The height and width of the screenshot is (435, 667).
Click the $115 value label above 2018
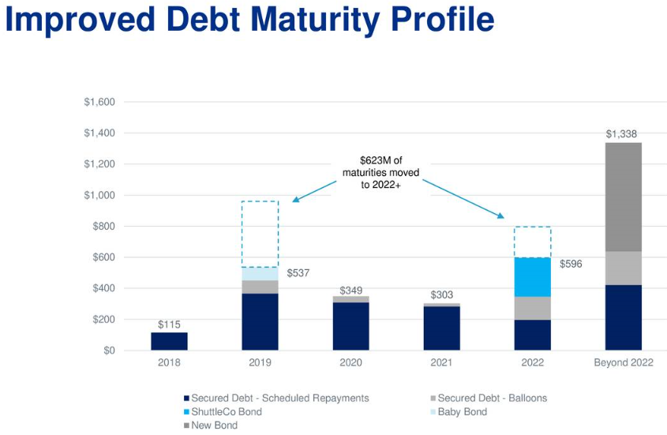pyautogui.click(x=169, y=324)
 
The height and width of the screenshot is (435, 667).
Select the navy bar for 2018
pyautogui.click(x=169, y=341)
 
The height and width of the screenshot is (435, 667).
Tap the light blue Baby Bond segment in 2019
pyautogui.click(x=260, y=274)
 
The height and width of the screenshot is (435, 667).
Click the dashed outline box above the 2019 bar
pyautogui.click(x=260, y=201)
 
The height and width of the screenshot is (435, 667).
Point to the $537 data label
pyautogui.click(x=298, y=273)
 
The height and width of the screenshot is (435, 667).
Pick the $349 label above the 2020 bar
pyautogui.click(x=351, y=291)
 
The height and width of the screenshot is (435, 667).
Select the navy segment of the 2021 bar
pyautogui.click(x=441, y=328)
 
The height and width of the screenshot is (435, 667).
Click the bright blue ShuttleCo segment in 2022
pyautogui.click(x=533, y=277)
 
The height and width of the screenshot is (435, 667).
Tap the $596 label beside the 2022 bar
pyautogui.click(x=571, y=264)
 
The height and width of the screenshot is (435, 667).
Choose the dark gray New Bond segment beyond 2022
pyautogui.click(x=623, y=197)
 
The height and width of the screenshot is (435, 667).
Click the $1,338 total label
pyautogui.click(x=621, y=134)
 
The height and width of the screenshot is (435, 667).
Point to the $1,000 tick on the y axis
pyautogui.click(x=99, y=195)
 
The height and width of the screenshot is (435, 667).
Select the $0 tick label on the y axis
pyautogui.click(x=109, y=351)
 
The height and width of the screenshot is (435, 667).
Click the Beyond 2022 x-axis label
pyautogui.click(x=623, y=362)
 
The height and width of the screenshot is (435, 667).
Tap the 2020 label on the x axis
pyautogui.click(x=351, y=362)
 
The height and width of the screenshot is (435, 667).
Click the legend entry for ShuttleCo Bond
pyautogui.click(x=223, y=411)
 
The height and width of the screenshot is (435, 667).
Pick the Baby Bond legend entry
pyautogui.click(x=459, y=411)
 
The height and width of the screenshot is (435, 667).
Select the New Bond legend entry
pyautogui.click(x=211, y=426)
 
